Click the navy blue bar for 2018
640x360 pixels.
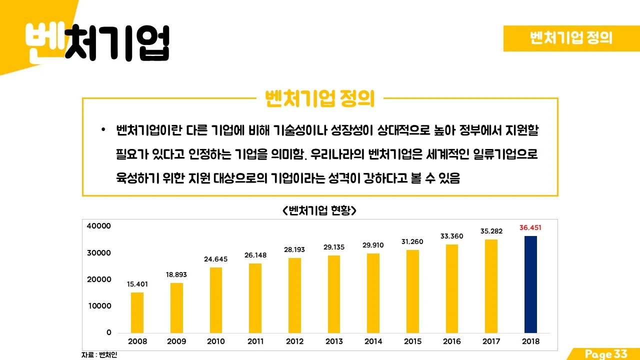[x=530, y=284]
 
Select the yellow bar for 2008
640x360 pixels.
[x=137, y=312]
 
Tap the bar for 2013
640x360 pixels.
[x=334, y=294]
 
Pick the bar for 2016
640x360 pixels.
[x=452, y=288]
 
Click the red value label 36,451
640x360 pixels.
[x=530, y=227]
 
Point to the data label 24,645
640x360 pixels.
[x=215, y=259]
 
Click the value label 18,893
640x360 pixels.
[x=176, y=274]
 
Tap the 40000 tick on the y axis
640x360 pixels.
[x=99, y=226]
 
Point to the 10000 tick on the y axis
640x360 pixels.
[x=99, y=306]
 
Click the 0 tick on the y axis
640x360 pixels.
[x=108, y=332]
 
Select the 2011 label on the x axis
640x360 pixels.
[x=255, y=341]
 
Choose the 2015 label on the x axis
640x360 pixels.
[x=412, y=341]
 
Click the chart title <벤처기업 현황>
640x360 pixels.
[x=319, y=210]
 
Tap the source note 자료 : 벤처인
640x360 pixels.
[x=99, y=354]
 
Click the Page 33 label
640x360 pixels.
[x=606, y=354]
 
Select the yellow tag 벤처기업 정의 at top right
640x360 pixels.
[x=571, y=38]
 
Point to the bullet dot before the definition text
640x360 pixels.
[x=103, y=130]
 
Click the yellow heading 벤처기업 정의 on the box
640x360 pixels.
[x=319, y=99]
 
